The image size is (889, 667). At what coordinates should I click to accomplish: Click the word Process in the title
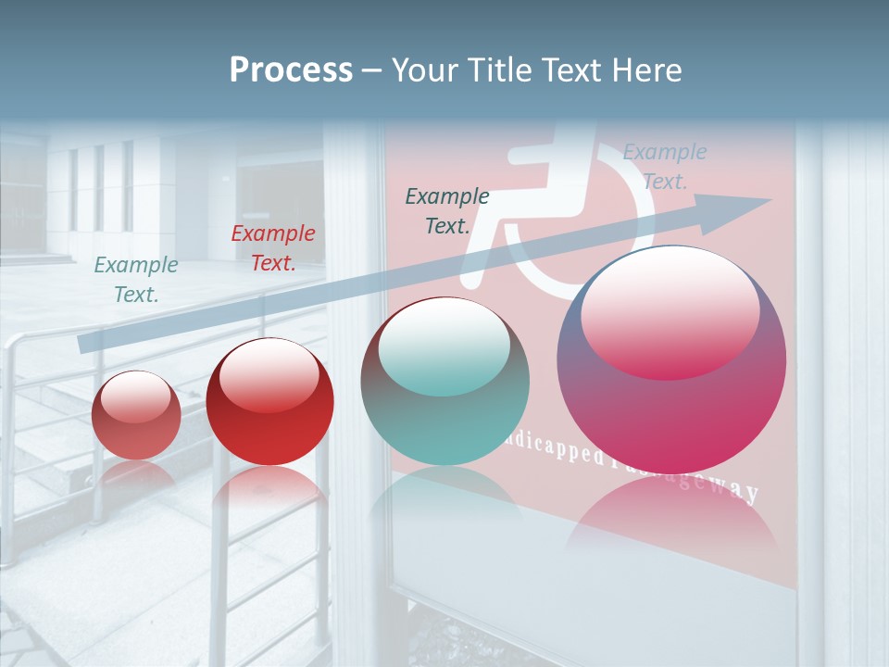[x=291, y=70]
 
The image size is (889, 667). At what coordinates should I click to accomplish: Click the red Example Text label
[x=273, y=248]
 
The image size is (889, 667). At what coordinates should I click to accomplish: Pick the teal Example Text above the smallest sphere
[x=136, y=280]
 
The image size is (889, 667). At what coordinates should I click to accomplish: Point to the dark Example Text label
[x=447, y=211]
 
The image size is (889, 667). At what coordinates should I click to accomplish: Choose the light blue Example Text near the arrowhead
[x=665, y=167]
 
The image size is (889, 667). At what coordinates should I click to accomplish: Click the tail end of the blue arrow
[x=85, y=343]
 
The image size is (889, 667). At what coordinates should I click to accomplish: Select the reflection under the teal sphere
[x=445, y=496]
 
